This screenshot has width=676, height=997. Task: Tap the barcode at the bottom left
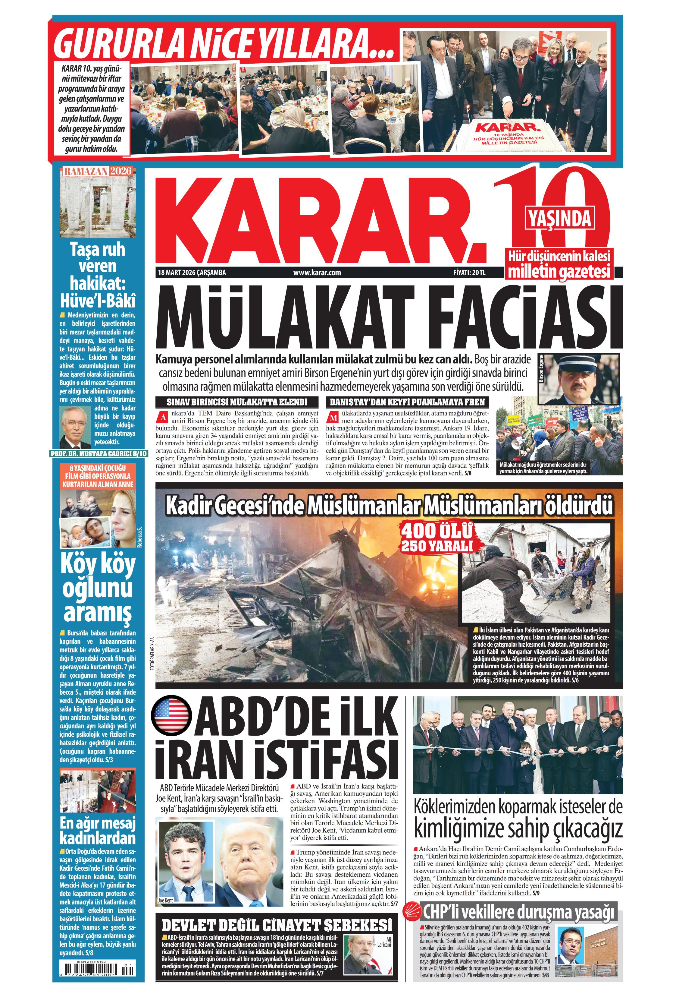(98, 973)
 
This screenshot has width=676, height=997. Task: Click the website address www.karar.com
(317, 273)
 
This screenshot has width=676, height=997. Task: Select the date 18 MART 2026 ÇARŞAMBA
(192, 273)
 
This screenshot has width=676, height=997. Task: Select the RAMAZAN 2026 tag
(97, 171)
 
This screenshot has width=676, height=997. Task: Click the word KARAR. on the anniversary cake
(506, 128)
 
